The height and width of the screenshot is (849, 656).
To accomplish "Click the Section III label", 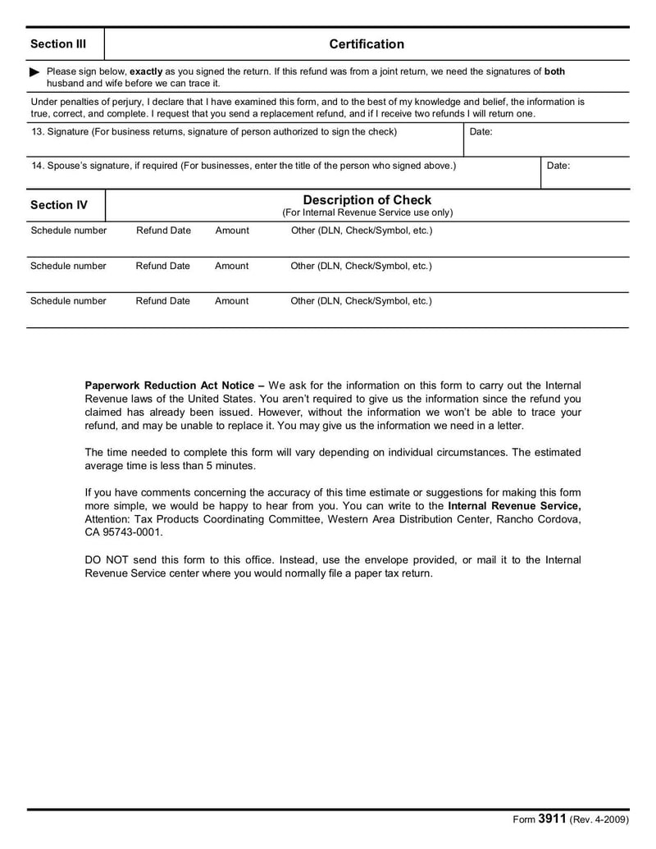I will click(x=58, y=44).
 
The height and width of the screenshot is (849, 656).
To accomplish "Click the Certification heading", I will click(x=367, y=44).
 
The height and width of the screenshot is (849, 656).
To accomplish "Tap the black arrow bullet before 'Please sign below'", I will click(x=34, y=72).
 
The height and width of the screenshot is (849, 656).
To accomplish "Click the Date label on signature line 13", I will click(x=481, y=132).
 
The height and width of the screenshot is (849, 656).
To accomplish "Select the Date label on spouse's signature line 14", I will click(x=558, y=166).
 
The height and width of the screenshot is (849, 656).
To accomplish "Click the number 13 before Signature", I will click(x=37, y=132).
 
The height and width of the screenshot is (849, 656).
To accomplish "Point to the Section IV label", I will click(x=58, y=206).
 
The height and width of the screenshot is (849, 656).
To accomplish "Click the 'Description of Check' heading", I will click(x=367, y=200).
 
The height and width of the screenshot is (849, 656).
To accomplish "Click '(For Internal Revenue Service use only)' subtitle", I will click(x=367, y=212).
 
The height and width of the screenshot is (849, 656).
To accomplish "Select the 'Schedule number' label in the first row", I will click(x=68, y=231).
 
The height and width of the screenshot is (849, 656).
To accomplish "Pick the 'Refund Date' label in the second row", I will click(x=162, y=267).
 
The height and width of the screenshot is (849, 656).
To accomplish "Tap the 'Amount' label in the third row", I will click(x=231, y=301).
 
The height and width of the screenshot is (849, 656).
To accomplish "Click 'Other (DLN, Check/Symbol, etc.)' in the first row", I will click(x=361, y=231).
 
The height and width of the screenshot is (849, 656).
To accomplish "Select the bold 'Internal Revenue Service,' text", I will click(x=514, y=506).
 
